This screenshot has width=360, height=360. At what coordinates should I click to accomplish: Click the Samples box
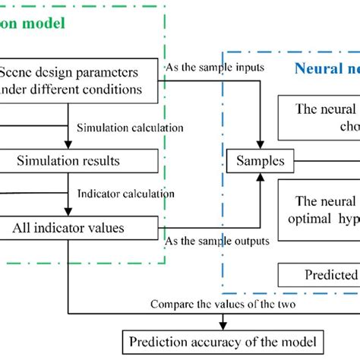coord(261,161)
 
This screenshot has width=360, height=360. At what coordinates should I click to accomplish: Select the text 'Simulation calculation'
coord(130,128)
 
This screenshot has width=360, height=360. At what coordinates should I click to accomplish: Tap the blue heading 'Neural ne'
coord(326,68)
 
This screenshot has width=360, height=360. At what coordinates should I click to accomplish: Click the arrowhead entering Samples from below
coord(261,175)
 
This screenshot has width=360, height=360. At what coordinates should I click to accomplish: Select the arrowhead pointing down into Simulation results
coord(69,147)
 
